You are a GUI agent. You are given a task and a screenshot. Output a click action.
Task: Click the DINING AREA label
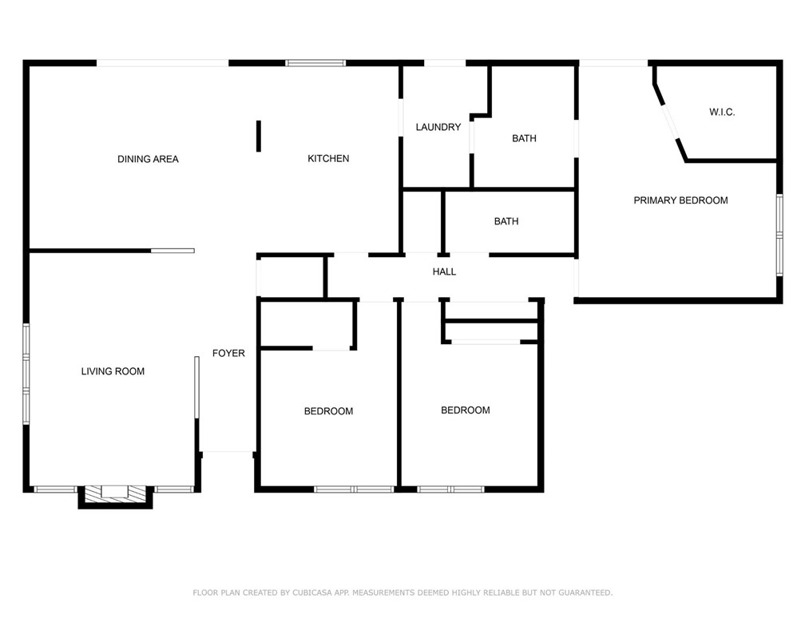pos(148,159)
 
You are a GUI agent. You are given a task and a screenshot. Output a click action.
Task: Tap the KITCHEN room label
pos(328,158)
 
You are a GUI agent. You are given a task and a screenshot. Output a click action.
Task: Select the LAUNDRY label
pos(438,127)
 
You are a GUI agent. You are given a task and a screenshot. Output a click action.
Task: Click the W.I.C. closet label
pos(721,113)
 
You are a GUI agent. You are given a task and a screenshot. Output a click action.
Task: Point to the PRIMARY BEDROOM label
pos(680,200)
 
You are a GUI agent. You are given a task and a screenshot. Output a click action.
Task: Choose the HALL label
pos(444,271)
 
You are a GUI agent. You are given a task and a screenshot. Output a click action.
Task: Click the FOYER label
pos(228,353)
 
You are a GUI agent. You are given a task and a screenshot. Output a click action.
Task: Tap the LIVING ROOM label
pos(113,371)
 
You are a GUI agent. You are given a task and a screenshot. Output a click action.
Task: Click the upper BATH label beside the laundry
pos(524,138)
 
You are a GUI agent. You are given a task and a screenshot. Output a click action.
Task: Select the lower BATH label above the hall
pos(506,221)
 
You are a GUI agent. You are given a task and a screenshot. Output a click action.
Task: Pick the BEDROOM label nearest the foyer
pos(328,411)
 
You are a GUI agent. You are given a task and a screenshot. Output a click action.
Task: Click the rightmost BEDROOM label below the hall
pos(466,410)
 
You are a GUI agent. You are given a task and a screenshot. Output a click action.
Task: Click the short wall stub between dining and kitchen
pos(258,136)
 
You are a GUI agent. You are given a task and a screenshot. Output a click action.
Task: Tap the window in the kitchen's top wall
pos(315,63)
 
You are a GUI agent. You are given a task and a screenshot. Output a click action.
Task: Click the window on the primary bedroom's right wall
pos(779,235)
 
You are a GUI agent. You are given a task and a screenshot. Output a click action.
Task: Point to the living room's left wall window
pos(26,372)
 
